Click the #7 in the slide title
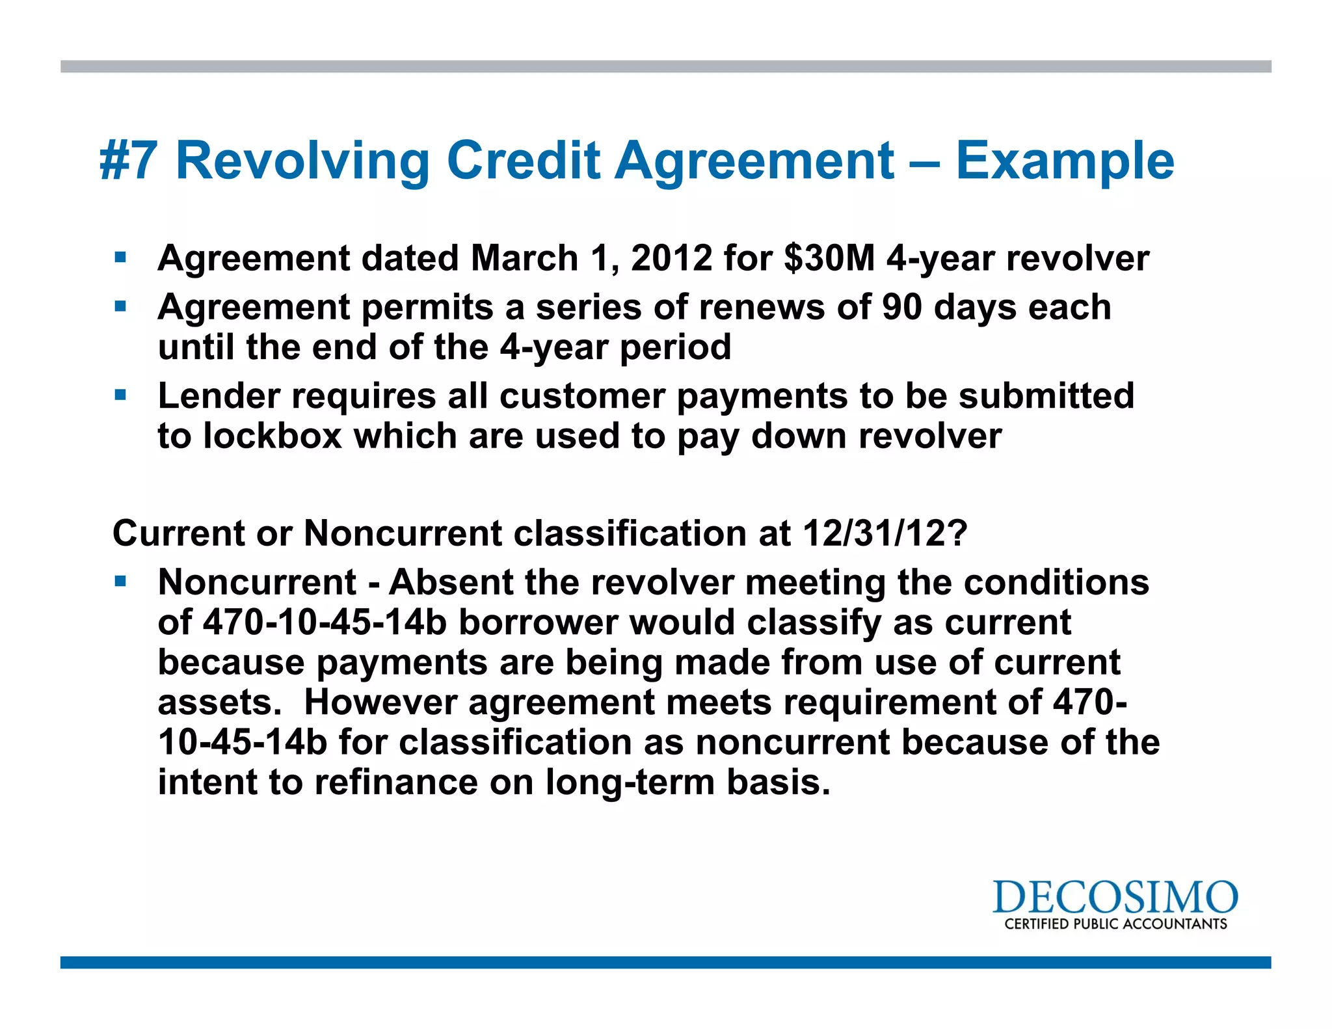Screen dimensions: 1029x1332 click(x=128, y=161)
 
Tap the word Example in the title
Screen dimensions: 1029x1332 click(x=1065, y=162)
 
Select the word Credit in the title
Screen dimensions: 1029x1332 click(x=523, y=161)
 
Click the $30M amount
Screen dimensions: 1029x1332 click(x=829, y=258)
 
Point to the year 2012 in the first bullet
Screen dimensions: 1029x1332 click(x=671, y=258)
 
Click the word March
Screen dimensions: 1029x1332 click(x=524, y=258)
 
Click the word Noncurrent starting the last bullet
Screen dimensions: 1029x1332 click(x=257, y=582)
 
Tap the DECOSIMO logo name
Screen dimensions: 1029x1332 click(x=1115, y=897)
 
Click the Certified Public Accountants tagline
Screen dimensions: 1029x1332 click(x=1115, y=924)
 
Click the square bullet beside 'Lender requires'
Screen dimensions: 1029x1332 click(x=120, y=395)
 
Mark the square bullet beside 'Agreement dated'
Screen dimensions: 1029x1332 click(x=120, y=258)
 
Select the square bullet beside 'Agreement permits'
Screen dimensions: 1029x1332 click(x=120, y=306)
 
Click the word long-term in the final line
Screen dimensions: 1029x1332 click(x=630, y=782)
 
